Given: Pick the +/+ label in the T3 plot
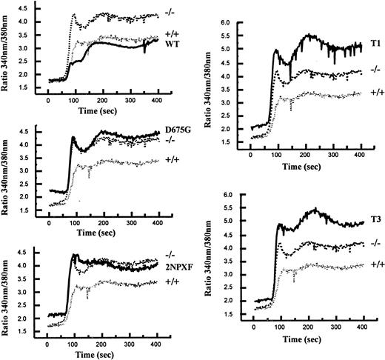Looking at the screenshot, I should click(376, 264).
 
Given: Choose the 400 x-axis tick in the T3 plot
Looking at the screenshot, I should click(361, 329).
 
